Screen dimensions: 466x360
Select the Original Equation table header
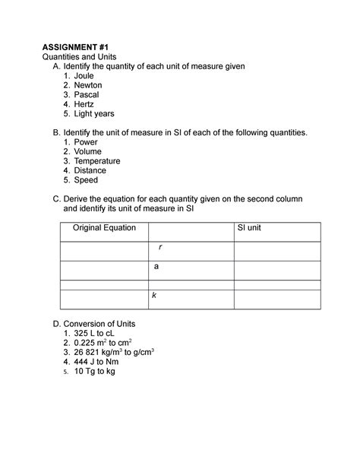(104, 228)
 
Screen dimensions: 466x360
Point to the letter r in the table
(159, 248)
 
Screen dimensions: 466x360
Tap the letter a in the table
(156, 267)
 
